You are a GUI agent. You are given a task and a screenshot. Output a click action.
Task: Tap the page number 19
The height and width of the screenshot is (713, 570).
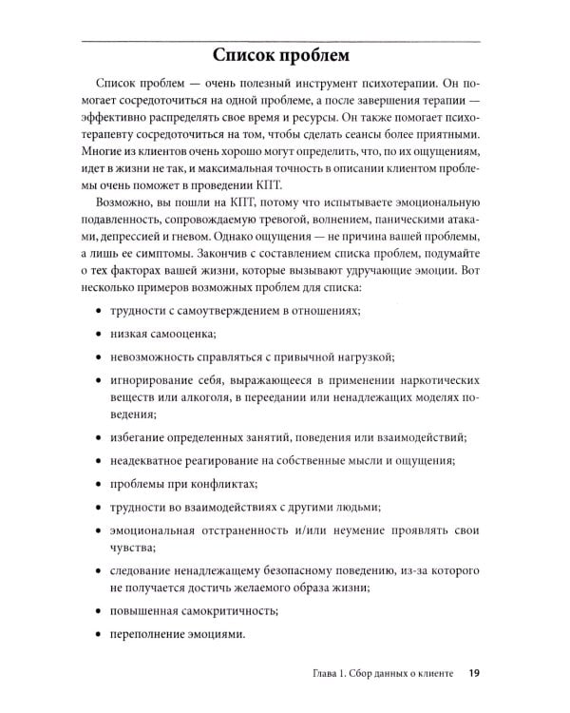[473, 677]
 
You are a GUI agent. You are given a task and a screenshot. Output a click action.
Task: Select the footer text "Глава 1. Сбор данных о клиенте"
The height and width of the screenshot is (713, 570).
[377, 677]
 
